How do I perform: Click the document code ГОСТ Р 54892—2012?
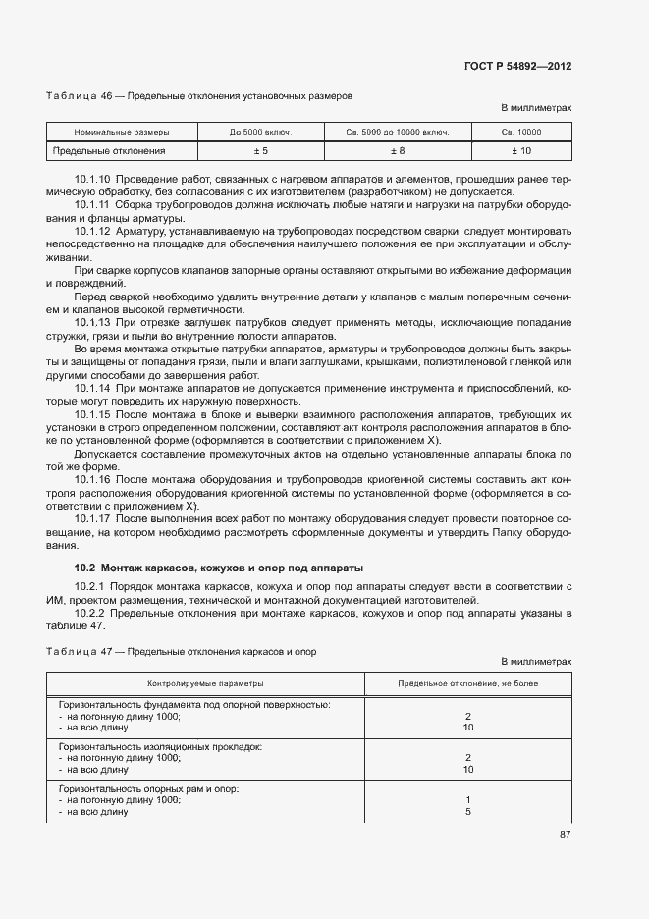pos(517,66)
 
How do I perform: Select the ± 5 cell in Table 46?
pos(261,151)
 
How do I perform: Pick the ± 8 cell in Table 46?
pos(398,151)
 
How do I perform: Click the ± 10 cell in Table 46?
pos(520,151)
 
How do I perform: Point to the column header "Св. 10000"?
pos(520,132)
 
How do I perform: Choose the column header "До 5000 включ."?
pos(261,132)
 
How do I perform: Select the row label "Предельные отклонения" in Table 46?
pos(109,151)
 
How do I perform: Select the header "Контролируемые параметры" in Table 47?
pos(205,682)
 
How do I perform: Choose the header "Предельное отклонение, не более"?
pos(467,682)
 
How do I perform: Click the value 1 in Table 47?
pos(468,800)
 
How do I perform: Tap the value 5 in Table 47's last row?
pos(468,812)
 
